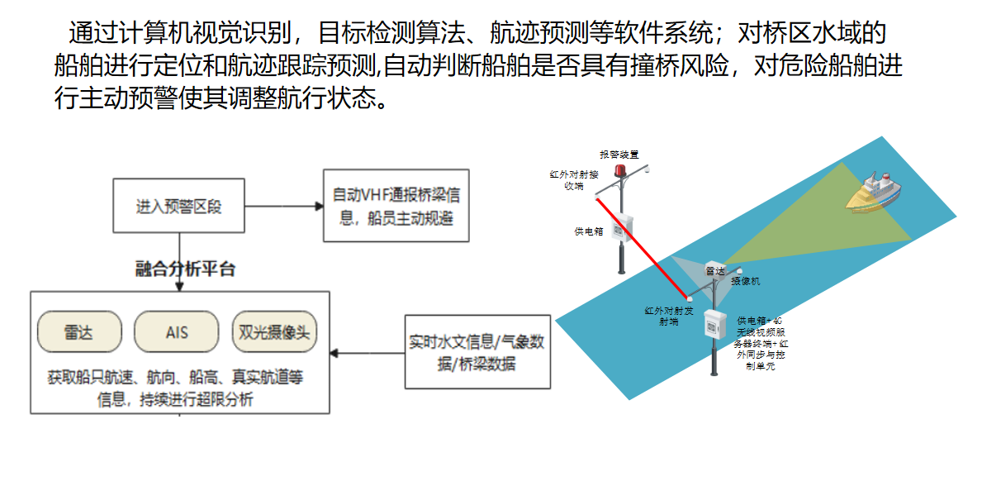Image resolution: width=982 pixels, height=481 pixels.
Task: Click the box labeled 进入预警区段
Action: coord(178,205)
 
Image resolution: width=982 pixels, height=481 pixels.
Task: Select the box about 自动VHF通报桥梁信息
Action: coord(395,206)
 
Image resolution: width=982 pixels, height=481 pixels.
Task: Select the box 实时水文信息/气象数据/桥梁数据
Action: coord(477,352)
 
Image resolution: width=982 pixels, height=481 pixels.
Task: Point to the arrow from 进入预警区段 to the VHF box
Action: coord(281,206)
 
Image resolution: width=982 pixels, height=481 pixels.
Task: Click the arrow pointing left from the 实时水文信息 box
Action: coord(367,353)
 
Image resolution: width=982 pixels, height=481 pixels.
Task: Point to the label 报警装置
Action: coord(619,155)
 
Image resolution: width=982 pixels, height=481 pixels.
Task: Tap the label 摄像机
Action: coord(745,281)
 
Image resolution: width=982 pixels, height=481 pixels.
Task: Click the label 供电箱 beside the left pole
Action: coord(589,231)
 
